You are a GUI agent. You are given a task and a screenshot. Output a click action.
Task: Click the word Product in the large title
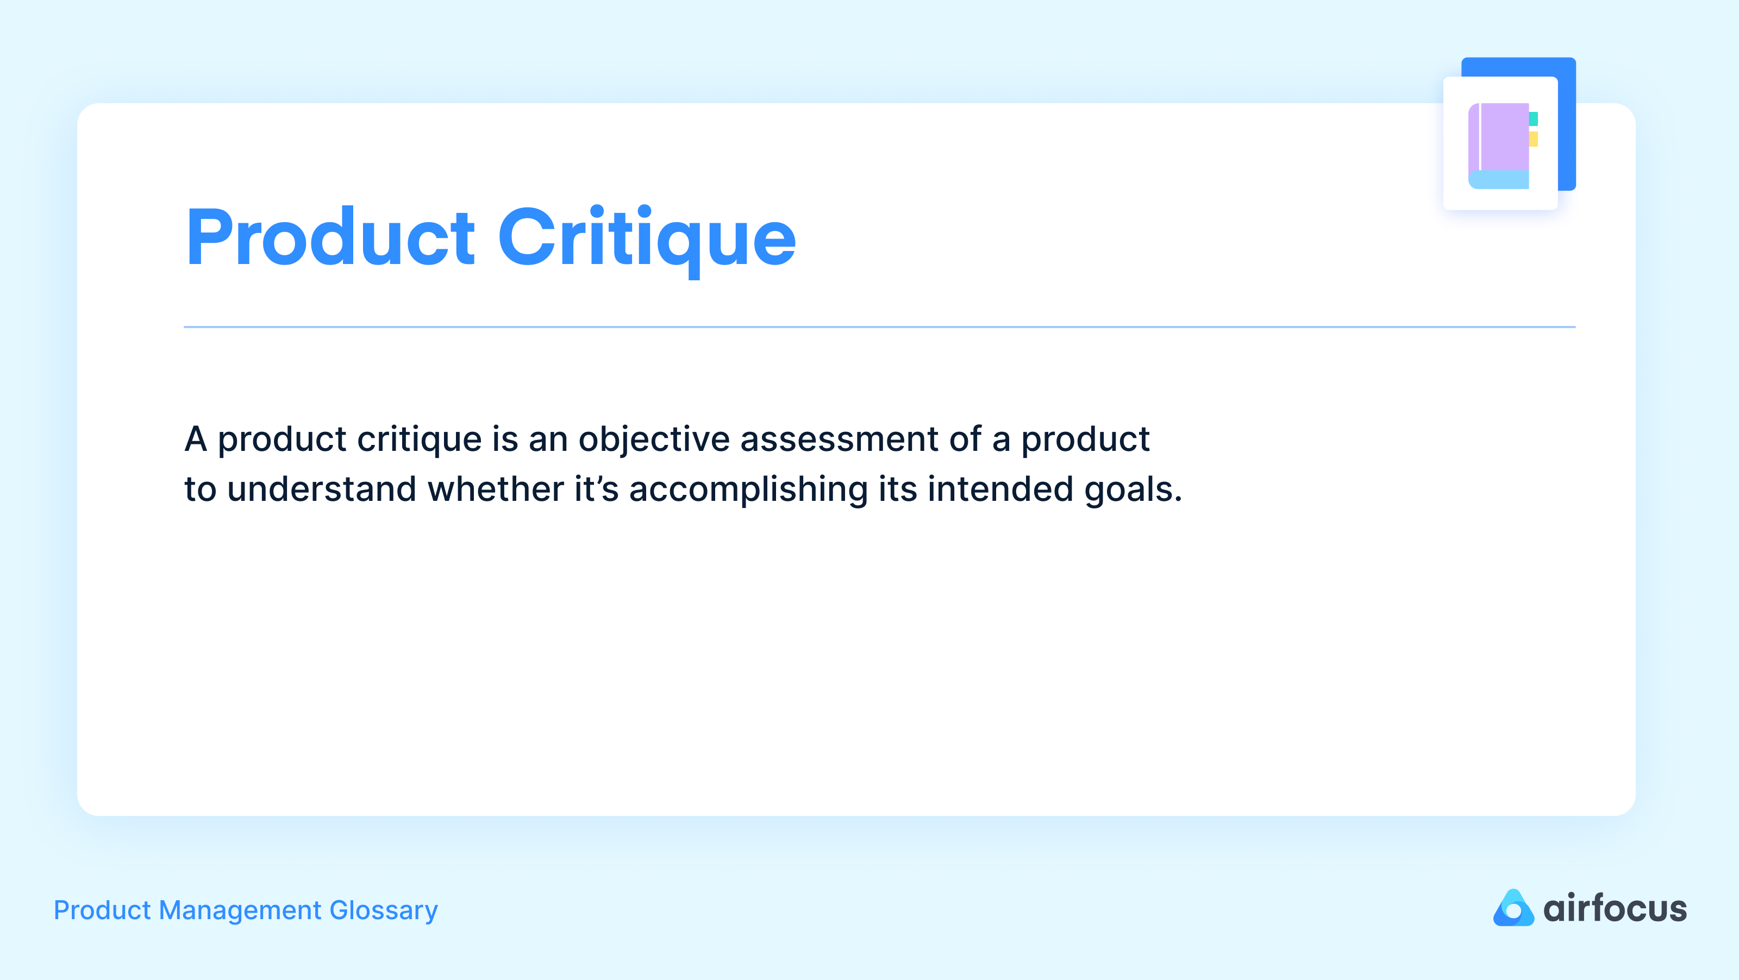(331, 237)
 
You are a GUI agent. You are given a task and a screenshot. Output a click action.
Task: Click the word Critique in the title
(647, 237)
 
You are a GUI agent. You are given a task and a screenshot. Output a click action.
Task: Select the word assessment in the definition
(839, 440)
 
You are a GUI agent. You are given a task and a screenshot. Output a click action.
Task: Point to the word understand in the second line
(321, 489)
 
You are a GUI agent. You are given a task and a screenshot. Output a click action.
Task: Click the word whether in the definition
(496, 489)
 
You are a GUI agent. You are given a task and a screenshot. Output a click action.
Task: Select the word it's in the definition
(596, 489)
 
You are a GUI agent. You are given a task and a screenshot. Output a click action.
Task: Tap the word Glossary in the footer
(384, 910)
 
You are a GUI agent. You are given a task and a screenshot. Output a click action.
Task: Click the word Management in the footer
(240, 910)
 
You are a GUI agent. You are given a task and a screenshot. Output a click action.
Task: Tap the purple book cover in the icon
(1504, 136)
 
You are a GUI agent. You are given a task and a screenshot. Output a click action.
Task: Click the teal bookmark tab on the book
(1533, 119)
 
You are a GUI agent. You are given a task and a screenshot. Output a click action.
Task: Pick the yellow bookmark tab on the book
(1533, 139)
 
